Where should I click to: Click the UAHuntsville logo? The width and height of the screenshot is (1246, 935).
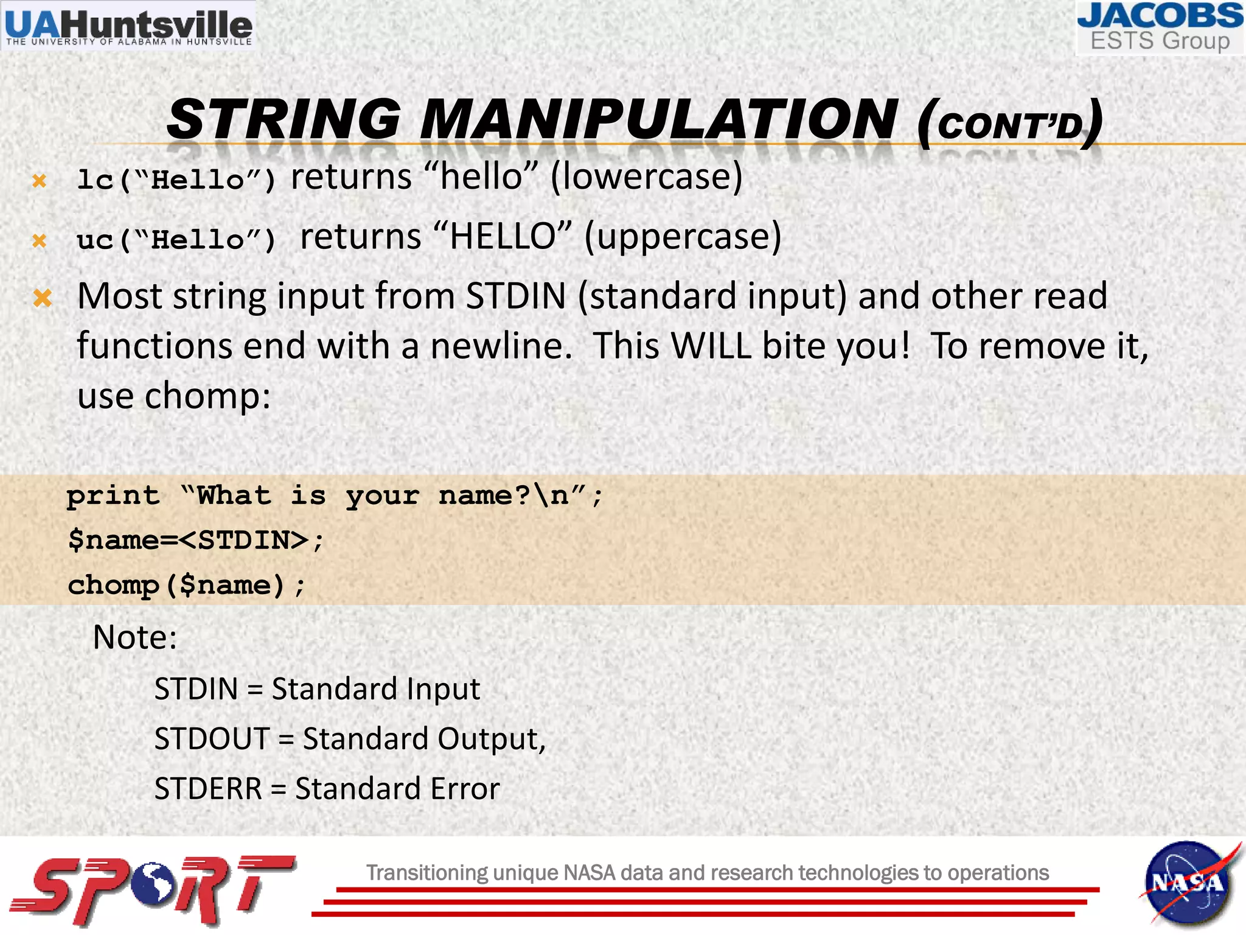click(128, 26)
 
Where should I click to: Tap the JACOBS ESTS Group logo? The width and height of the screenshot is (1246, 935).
click(1160, 28)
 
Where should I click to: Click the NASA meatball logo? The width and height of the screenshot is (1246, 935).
click(1187, 884)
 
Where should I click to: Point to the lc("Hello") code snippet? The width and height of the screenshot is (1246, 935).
click(176, 180)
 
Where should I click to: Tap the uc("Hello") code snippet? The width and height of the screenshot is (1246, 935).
click(176, 240)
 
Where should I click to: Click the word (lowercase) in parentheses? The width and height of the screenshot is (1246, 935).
click(646, 177)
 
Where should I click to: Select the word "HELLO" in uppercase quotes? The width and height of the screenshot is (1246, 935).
click(503, 237)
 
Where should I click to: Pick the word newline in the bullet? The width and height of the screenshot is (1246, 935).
click(501, 346)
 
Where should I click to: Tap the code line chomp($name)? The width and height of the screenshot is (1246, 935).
click(186, 586)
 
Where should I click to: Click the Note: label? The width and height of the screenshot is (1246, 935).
click(134, 637)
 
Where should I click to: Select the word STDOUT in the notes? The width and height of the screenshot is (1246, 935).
click(212, 739)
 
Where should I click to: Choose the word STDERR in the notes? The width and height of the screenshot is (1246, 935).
click(208, 789)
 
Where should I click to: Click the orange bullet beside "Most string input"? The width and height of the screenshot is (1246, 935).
click(42, 298)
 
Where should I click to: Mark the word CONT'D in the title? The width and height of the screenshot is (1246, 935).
click(1011, 125)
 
